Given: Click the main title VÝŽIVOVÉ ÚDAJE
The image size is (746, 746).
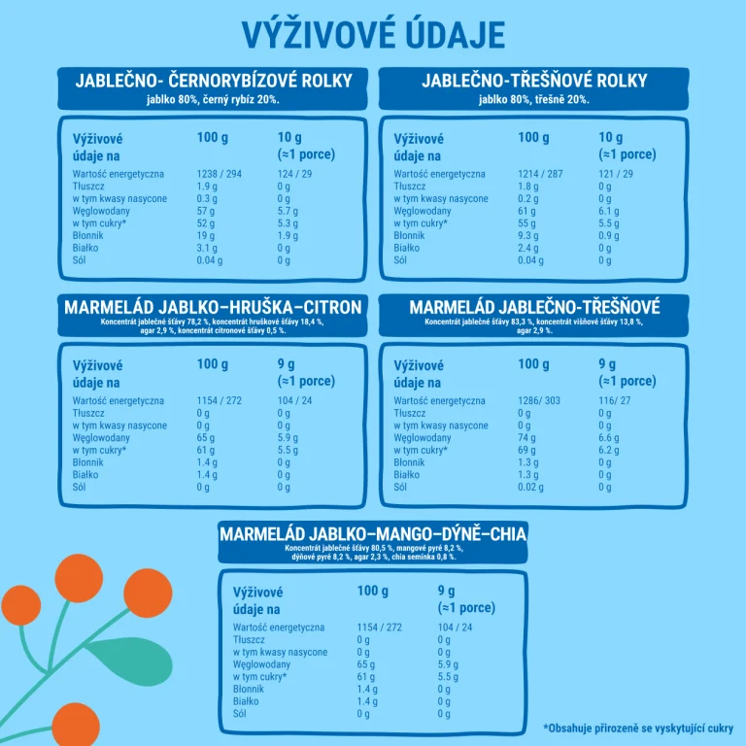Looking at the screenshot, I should [x=373, y=34].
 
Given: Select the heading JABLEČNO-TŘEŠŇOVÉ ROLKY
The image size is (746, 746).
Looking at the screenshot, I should [x=533, y=81].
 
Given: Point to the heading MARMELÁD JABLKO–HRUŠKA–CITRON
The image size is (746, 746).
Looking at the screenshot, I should [x=213, y=308].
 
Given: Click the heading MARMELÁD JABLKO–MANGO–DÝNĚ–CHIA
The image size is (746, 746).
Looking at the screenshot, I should [x=373, y=534].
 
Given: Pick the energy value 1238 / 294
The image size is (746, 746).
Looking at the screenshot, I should [x=219, y=174].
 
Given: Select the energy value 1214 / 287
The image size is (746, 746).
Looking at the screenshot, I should [x=540, y=174].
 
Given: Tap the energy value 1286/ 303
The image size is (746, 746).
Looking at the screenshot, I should [x=539, y=400].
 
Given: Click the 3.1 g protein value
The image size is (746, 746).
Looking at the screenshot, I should [x=207, y=248].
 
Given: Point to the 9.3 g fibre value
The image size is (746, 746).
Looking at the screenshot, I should [x=529, y=235].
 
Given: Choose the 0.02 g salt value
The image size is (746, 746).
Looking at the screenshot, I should [x=531, y=487].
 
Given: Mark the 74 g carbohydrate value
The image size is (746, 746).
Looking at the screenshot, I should [x=526, y=437].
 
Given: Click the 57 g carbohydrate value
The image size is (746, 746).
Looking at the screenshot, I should [x=206, y=211].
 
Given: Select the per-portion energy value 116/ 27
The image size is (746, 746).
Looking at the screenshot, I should [x=615, y=400].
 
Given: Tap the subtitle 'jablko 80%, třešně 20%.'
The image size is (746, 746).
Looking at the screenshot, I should [x=533, y=99].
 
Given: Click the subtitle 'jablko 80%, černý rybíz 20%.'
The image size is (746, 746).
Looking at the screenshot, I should [x=213, y=99].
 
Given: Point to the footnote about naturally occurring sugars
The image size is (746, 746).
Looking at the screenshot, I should [x=638, y=727].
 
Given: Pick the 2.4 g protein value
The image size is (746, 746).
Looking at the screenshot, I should [x=528, y=248].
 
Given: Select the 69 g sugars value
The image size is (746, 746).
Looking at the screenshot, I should [x=526, y=450].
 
